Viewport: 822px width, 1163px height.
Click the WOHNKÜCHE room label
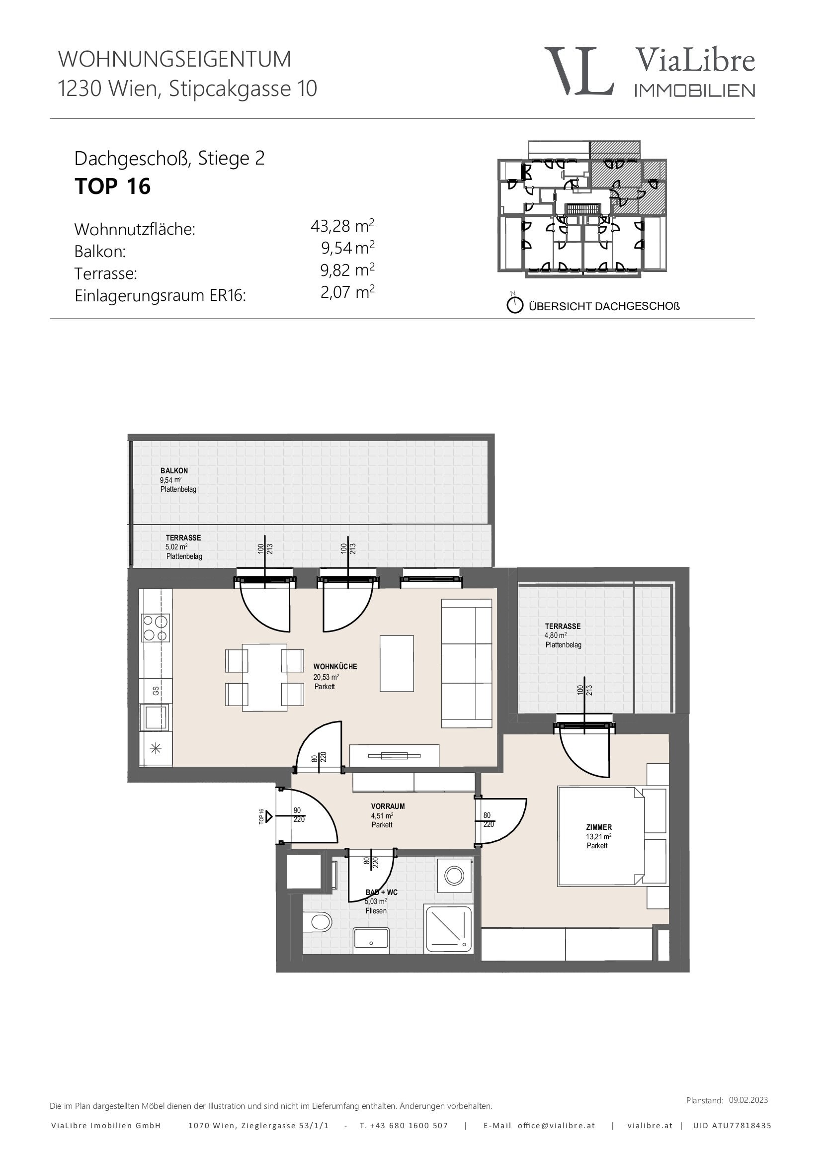click(335, 667)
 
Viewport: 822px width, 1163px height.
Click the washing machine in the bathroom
click(454, 875)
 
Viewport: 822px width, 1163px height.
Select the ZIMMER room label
click(599, 827)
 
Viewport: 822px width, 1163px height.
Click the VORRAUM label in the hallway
click(388, 806)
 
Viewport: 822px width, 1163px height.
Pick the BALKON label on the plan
click(174, 470)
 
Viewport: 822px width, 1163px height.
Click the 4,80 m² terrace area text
click(556, 635)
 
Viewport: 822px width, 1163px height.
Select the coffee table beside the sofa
click(397, 664)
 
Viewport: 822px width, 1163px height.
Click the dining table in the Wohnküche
click(265, 678)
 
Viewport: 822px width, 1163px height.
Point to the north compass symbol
click(515, 304)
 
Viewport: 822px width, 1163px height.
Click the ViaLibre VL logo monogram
click(579, 71)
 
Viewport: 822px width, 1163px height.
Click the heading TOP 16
click(112, 186)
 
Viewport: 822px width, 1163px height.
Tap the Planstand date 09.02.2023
click(748, 1100)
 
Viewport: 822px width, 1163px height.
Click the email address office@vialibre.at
click(556, 1126)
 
